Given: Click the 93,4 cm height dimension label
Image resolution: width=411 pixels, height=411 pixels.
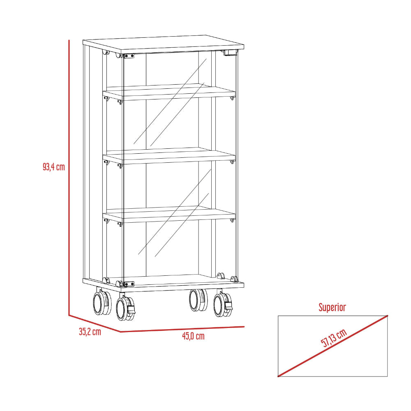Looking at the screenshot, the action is point(54,167).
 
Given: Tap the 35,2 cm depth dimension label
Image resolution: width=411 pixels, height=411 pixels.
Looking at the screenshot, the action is point(90,332).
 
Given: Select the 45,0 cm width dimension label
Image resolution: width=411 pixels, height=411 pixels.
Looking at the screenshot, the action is point(193,336).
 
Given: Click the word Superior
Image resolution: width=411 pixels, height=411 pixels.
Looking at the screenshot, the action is point(332,307).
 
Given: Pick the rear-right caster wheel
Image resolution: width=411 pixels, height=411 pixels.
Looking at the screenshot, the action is point(198,300).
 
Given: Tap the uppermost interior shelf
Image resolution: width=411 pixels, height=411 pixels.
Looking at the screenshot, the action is point(169,92).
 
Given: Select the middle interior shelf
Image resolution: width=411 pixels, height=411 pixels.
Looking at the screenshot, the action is point(169,156).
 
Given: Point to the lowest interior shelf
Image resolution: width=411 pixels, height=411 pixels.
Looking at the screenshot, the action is point(169,215).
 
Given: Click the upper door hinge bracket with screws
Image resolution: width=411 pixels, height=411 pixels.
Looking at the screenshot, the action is point(128,56).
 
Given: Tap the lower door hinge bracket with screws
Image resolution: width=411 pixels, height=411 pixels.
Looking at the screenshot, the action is point(128,284).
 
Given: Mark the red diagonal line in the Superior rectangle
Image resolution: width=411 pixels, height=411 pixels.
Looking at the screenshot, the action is point(332,346).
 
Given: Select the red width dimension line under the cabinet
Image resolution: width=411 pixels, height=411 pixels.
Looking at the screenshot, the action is point(182,329).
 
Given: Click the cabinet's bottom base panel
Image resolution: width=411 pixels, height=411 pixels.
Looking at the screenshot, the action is point(163,284).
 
